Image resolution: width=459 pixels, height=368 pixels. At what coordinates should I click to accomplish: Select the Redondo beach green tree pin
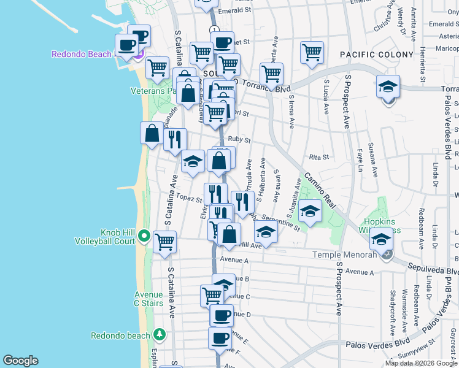[160, 334]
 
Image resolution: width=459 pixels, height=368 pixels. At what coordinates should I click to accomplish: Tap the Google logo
[20, 361]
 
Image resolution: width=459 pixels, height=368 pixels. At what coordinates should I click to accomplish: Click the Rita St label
[319, 157]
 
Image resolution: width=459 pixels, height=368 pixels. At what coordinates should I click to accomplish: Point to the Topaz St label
[189, 197]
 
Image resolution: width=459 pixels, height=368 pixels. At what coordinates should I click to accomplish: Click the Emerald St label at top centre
[239, 10]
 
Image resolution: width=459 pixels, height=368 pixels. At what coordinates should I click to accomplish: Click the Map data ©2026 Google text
[421, 363]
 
